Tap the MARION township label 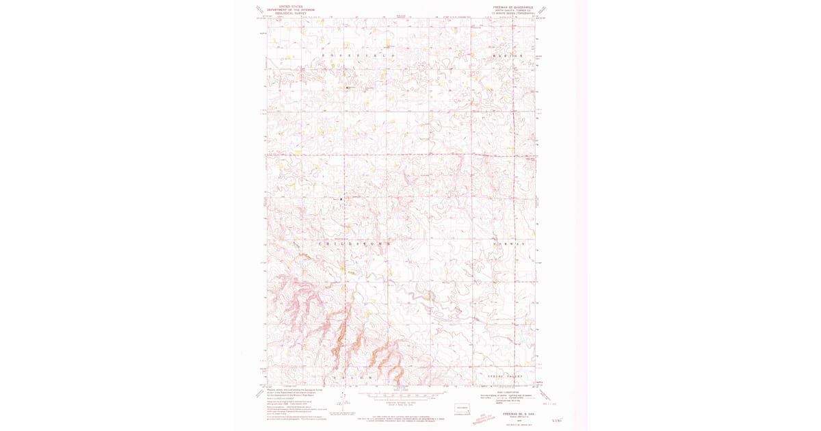(x=506, y=55)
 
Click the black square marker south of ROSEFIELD (x=347, y=88)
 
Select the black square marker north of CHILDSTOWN (x=341, y=199)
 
